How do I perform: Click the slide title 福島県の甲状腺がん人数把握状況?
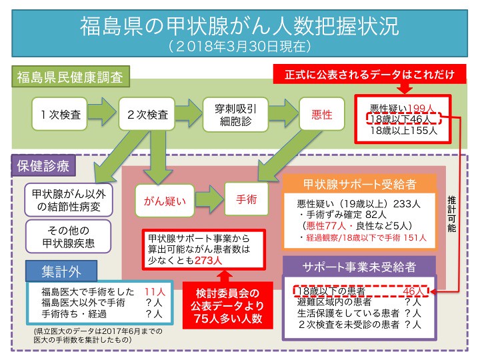[x=239, y=27]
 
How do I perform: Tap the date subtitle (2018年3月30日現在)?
[x=239, y=47]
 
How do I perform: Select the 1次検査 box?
[x=61, y=115]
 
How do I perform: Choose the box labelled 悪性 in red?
[x=322, y=115]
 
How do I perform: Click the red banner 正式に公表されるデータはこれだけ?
[x=369, y=73]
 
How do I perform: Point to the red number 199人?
[x=424, y=108]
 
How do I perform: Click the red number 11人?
[x=154, y=292]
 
